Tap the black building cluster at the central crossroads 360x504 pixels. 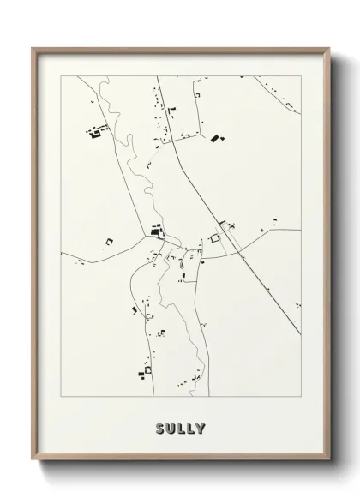156,230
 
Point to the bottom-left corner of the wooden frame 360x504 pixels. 33,461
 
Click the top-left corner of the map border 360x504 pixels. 60,76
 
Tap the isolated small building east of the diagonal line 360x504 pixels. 275,221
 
